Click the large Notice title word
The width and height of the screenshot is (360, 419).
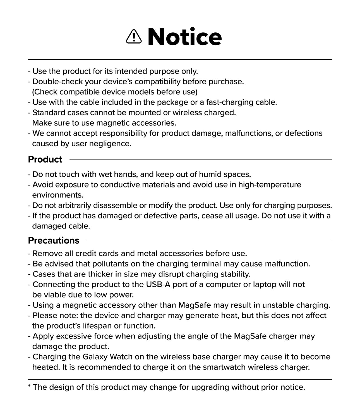[184, 37]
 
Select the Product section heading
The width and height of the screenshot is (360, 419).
[45, 159]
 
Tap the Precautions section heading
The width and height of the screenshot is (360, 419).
[54, 241]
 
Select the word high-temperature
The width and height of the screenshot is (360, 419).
[270, 185]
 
